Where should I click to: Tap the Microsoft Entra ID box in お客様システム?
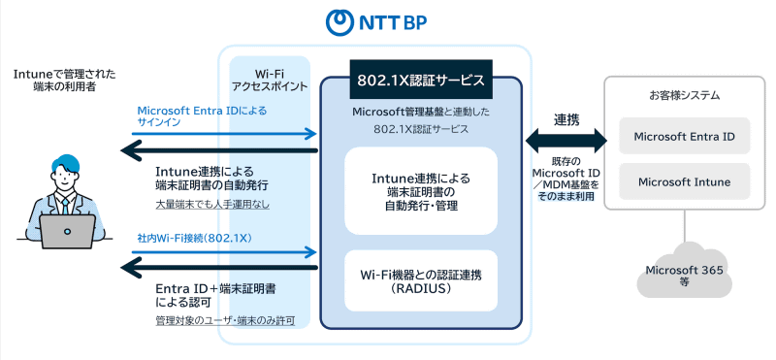[684, 137]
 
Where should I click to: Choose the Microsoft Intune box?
[684, 180]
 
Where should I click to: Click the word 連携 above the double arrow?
[566, 119]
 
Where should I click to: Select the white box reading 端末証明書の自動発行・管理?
[421, 191]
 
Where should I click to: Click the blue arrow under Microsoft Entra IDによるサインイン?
[227, 133]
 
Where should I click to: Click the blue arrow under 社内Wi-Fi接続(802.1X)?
[227, 252]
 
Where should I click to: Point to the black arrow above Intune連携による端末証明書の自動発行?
[221, 150]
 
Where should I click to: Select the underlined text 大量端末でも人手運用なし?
[212, 205]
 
